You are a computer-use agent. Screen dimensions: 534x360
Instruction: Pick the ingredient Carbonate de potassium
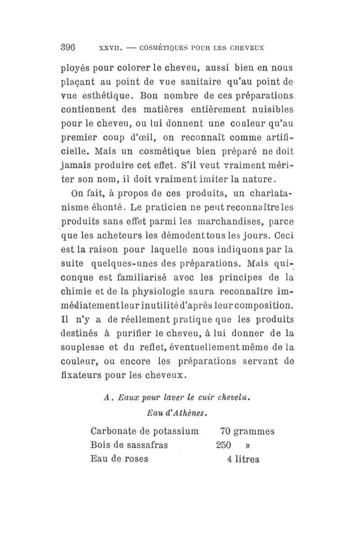144,431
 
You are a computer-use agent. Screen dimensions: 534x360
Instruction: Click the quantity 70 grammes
247,431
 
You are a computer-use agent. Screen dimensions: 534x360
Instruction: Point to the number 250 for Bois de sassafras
223,445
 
